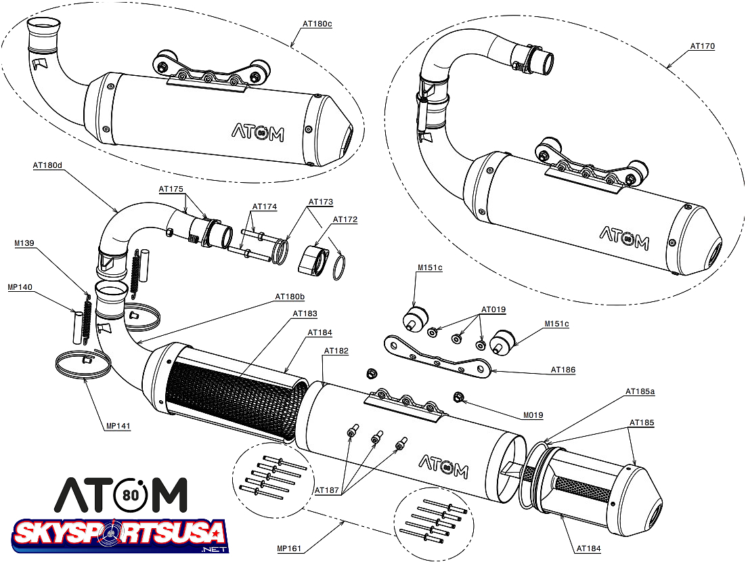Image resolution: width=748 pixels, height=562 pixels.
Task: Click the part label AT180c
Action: [x=317, y=23]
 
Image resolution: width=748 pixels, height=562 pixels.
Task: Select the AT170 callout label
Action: [x=703, y=47]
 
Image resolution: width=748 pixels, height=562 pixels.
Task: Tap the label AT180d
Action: [x=47, y=165]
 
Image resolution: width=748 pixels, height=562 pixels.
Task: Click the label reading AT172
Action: [x=345, y=219]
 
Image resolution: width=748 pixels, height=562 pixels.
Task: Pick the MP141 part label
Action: [x=118, y=426]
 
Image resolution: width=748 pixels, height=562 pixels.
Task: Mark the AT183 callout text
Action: [x=305, y=314]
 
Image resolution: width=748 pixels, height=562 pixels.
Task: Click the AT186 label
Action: [x=563, y=370]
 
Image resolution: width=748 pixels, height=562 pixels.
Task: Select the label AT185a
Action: [x=640, y=391]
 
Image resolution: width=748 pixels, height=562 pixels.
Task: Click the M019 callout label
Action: [x=533, y=415]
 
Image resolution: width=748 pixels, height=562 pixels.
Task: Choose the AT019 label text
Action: [x=493, y=309]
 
